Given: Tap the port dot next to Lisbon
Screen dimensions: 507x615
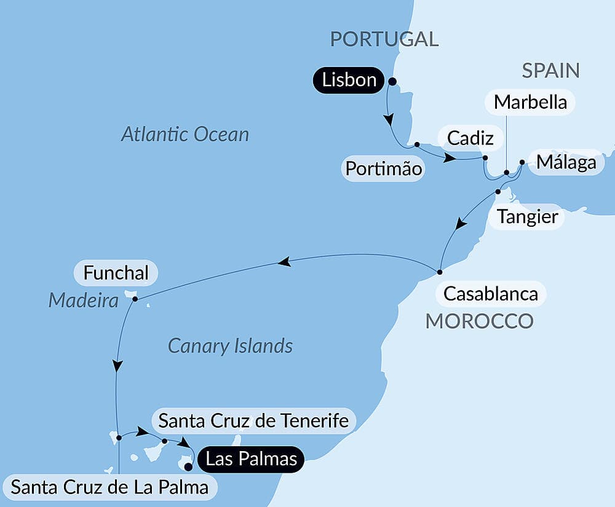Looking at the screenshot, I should (x=392, y=81).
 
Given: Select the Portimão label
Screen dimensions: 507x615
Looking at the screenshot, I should (x=384, y=168).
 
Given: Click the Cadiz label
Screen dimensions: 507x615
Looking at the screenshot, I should (x=470, y=138).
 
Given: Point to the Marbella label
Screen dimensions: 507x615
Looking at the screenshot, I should (x=530, y=102).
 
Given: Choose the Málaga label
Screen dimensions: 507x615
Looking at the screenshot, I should (x=566, y=163).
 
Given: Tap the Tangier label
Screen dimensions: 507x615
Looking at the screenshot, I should (x=528, y=216).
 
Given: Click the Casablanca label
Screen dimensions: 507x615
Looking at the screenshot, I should (x=490, y=294).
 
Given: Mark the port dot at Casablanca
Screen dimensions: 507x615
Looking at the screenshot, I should (x=440, y=272).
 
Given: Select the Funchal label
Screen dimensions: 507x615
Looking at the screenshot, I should (x=116, y=273).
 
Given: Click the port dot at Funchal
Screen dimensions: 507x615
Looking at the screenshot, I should (x=135, y=299).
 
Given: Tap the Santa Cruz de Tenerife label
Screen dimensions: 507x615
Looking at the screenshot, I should (x=253, y=421).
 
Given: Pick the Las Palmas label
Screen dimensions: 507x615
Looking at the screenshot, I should (x=252, y=458).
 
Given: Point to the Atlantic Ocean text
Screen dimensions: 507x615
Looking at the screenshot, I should (x=184, y=135).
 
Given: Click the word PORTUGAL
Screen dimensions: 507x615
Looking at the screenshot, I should (x=384, y=39).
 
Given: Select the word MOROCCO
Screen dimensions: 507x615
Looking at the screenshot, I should (x=479, y=321).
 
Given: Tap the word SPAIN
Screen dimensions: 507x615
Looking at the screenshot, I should (x=550, y=71).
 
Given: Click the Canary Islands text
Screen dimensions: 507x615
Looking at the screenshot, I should (x=230, y=346).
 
